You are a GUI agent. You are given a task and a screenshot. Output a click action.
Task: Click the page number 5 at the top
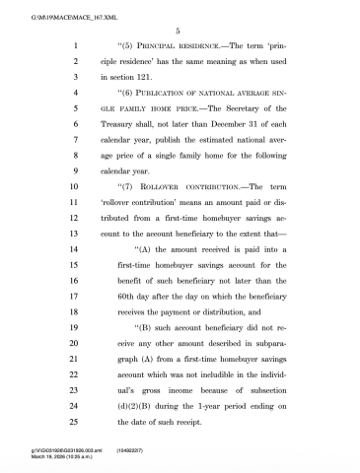180,30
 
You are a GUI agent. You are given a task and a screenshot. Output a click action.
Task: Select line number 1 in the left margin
75,45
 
